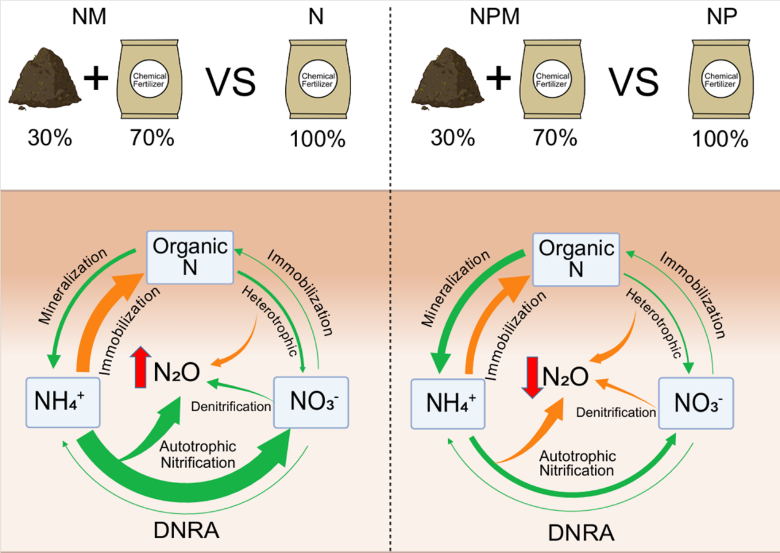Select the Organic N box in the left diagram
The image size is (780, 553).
(x=190, y=256)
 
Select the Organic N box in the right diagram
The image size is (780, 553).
(x=575, y=258)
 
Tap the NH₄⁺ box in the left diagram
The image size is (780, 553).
(x=63, y=403)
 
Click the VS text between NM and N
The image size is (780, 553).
(x=230, y=82)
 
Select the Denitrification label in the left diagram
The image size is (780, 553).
(x=231, y=406)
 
